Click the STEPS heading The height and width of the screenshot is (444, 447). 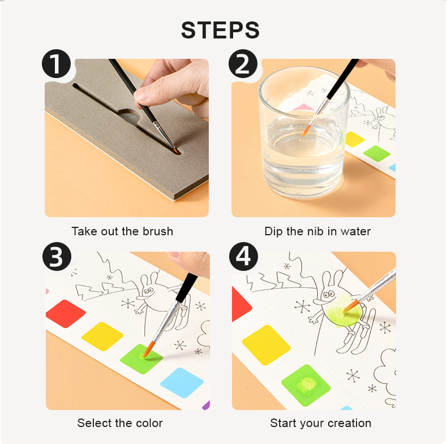pyautogui.click(x=220, y=30)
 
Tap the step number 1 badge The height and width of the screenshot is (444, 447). pyautogui.click(x=57, y=63)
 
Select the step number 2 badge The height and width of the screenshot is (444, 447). pyautogui.click(x=243, y=63)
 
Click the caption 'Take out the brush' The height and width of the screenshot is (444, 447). pyautogui.click(x=122, y=231)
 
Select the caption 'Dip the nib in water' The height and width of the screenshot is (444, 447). pyautogui.click(x=317, y=231)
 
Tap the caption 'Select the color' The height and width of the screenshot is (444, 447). pyautogui.click(x=120, y=423)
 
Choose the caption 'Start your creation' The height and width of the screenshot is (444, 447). pyautogui.click(x=321, y=423)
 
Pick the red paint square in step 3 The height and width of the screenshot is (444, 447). pyautogui.click(x=66, y=313)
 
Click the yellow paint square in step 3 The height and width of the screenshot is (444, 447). pyautogui.click(x=102, y=336)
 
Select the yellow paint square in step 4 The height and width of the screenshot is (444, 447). pyautogui.click(x=266, y=344)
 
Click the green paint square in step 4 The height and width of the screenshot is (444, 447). pyautogui.click(x=306, y=385)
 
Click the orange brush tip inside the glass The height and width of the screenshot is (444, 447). pyautogui.click(x=306, y=130)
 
